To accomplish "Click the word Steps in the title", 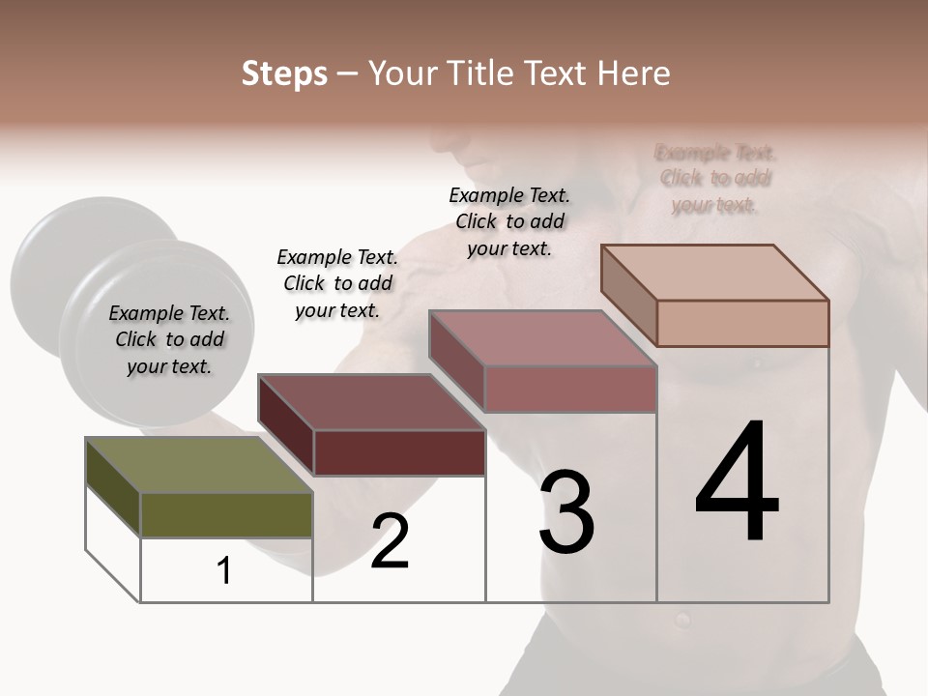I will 284,73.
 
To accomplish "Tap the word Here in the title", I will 634,73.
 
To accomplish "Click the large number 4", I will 737,483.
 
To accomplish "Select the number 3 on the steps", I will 566,512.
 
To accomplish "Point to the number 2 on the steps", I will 390,541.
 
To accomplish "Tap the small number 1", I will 224,570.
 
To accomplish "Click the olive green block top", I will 199,464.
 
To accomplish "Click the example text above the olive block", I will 169,339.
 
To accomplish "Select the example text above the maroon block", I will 337,283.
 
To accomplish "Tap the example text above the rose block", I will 509,221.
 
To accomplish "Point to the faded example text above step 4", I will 715,179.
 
